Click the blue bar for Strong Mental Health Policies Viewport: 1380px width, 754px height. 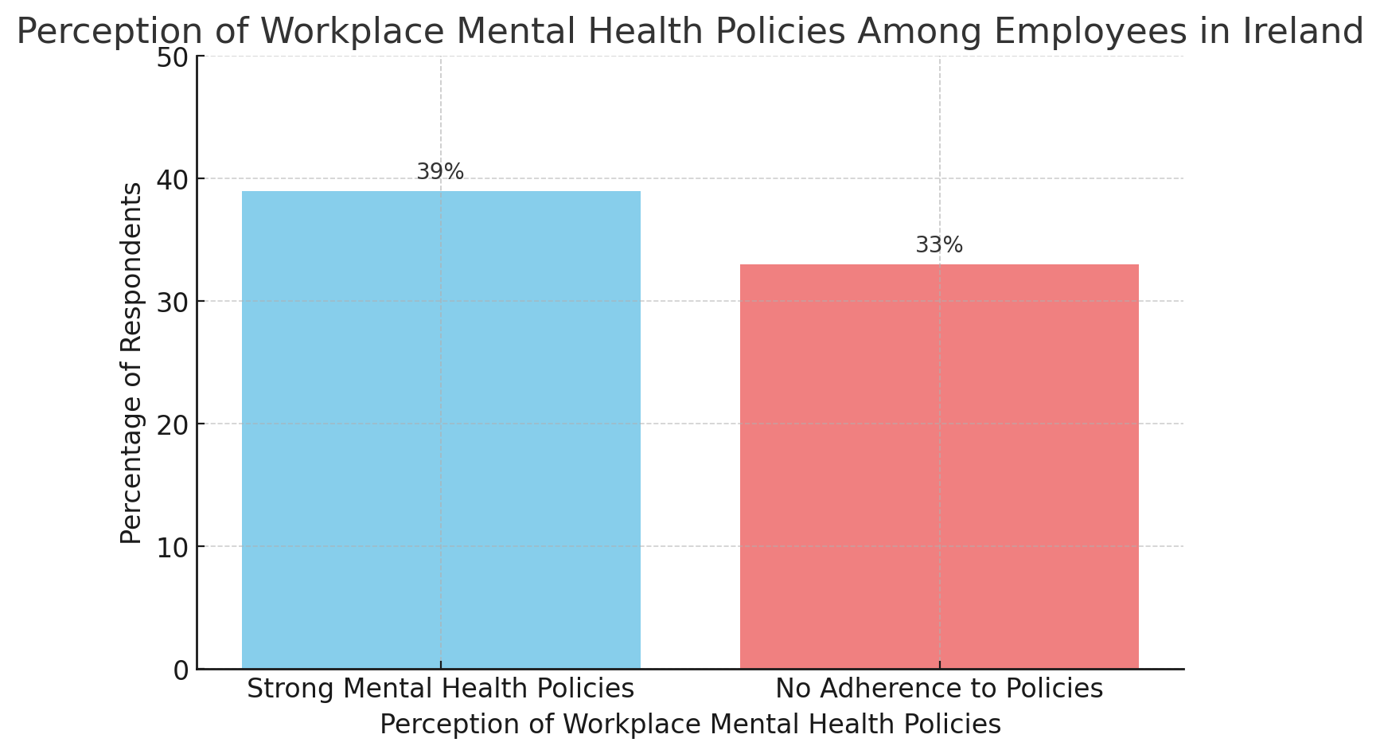(x=441, y=430)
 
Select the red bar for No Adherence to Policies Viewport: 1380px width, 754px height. (x=939, y=467)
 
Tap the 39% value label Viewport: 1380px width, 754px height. (x=440, y=172)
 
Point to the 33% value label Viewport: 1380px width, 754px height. (x=939, y=245)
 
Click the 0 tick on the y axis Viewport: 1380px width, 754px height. (x=181, y=670)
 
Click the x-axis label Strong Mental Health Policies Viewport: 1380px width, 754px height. (x=441, y=689)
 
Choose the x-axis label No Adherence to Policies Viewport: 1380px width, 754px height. (x=939, y=689)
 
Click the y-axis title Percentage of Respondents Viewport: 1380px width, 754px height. (x=131, y=363)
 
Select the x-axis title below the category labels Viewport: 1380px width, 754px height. (x=690, y=725)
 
